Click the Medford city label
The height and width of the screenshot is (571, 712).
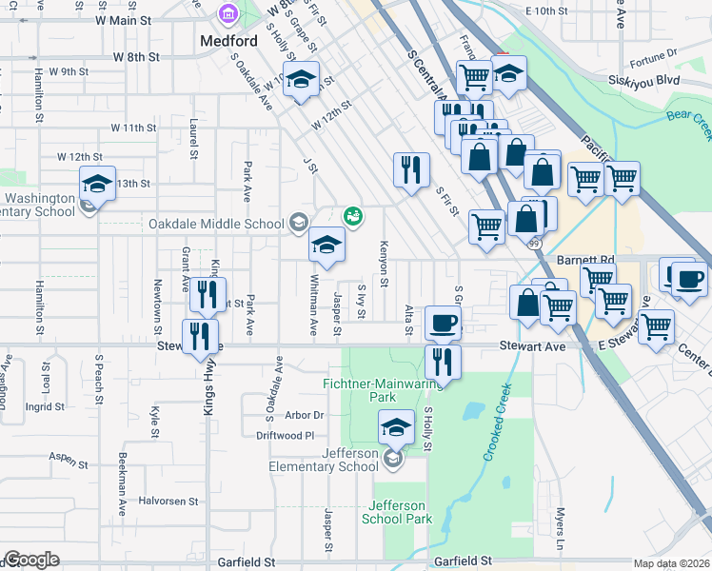point(229,41)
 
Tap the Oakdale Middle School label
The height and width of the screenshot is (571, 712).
point(216,225)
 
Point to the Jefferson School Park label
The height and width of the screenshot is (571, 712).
point(397,512)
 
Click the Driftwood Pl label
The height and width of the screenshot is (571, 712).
point(285,435)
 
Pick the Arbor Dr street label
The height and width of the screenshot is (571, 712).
point(305,415)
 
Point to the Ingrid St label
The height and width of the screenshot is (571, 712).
point(46,406)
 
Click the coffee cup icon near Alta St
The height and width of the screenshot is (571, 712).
point(443,323)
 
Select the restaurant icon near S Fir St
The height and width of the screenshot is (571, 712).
point(410,170)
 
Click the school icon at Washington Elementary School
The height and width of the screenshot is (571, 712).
point(97,183)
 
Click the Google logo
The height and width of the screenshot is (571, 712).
point(31,560)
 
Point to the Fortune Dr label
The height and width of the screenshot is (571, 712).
point(652,53)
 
